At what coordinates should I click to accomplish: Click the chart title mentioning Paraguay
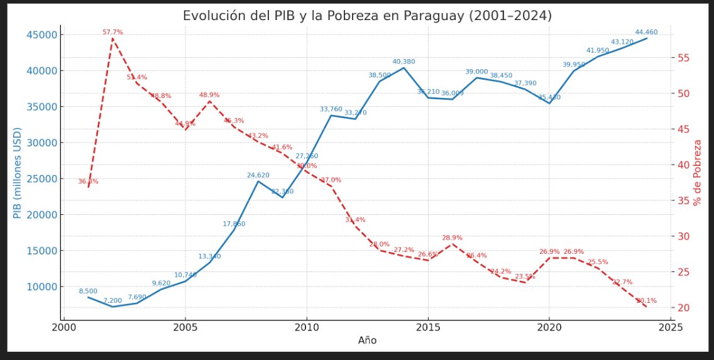(367, 16)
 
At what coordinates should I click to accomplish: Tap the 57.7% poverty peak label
(113, 32)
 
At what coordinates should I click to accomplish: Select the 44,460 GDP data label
(647, 32)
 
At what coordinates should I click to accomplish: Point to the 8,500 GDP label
(88, 291)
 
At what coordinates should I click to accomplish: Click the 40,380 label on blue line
(404, 62)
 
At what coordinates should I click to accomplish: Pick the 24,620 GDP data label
(258, 175)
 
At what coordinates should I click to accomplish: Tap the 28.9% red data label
(452, 237)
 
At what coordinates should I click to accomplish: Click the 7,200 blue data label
(113, 301)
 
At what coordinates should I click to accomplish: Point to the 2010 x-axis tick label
(307, 327)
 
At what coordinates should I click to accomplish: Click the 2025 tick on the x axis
(671, 327)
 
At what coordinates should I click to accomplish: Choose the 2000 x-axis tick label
(63, 327)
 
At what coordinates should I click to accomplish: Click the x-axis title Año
(367, 341)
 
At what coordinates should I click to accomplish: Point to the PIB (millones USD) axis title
(17, 173)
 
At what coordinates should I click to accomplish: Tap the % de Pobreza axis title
(696, 173)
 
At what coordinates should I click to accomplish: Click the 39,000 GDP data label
(476, 72)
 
